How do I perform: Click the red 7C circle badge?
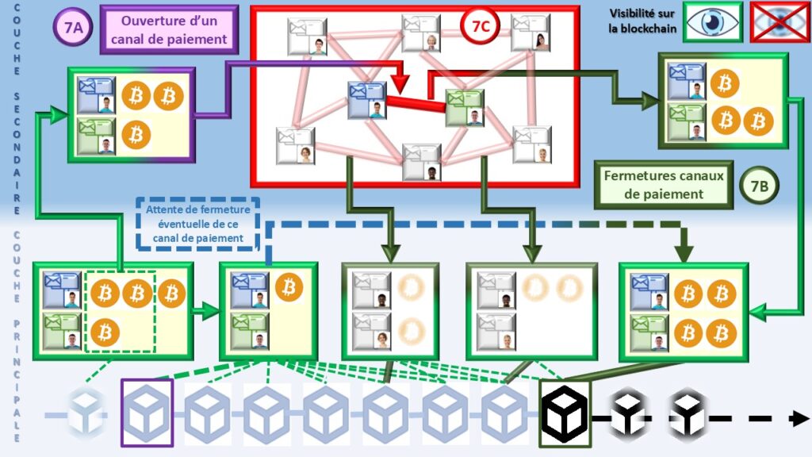[480, 27]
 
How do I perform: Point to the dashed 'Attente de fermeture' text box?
[198, 223]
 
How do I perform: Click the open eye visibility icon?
[713, 21]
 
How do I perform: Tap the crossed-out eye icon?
[779, 21]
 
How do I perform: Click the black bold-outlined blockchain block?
[565, 413]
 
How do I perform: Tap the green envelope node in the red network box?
[465, 108]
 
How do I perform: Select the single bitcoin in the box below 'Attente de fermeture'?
[289, 286]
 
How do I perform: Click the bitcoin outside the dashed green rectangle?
[171, 294]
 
